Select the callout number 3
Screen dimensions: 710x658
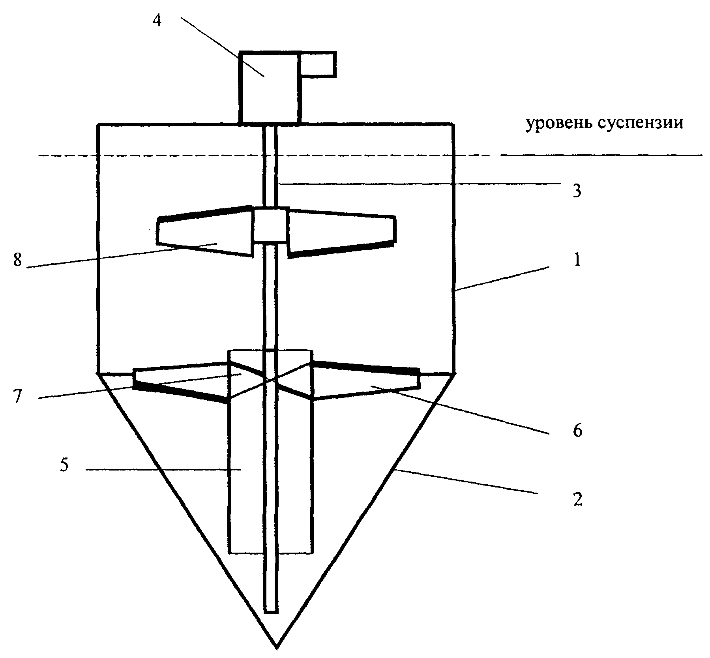point(577,191)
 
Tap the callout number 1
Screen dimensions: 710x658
point(577,260)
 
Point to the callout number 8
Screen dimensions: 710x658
point(18,260)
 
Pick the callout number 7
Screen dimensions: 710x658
point(17,396)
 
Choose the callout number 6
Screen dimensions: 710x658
point(577,431)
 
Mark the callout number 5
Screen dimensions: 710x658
point(64,465)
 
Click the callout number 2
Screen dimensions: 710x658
point(577,500)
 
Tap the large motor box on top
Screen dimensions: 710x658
point(270,87)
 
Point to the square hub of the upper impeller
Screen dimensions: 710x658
point(270,225)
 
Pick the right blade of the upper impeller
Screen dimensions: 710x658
point(342,233)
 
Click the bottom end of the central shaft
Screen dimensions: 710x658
point(271,612)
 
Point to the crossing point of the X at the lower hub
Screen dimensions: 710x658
point(271,380)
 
